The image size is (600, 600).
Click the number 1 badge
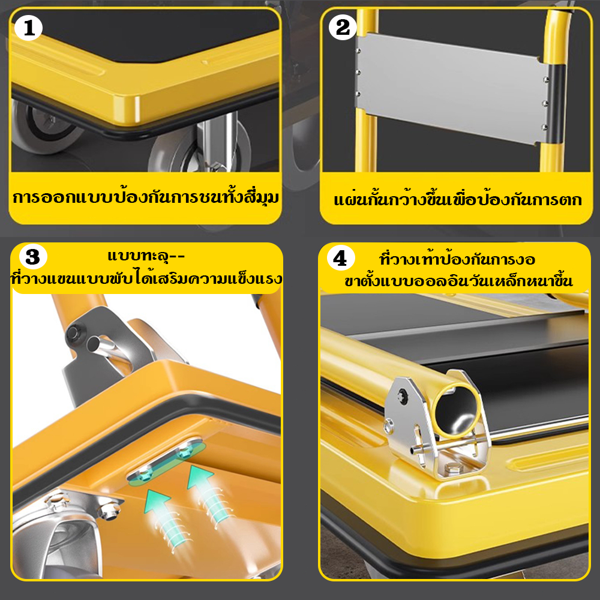(28, 28)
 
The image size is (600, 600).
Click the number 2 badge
(343, 27)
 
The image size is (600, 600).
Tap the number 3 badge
(32, 257)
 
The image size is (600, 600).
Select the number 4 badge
(341, 259)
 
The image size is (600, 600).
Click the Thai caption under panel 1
(145, 197)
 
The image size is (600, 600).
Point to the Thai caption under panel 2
(458, 199)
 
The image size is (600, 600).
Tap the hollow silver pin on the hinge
(103, 346)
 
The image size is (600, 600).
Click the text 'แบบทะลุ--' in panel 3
(146, 256)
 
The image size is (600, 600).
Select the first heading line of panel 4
(457, 259)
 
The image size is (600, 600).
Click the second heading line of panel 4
(458, 280)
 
